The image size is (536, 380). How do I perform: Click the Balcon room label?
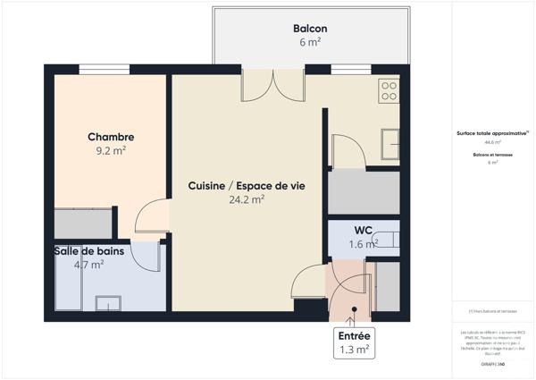point(310,29)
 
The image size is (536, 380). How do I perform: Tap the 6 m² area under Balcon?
point(310,42)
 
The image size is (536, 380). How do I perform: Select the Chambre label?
point(111,137)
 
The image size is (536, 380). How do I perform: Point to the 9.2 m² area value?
point(111,151)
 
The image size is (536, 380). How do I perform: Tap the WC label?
point(363,231)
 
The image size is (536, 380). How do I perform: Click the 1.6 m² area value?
point(363,244)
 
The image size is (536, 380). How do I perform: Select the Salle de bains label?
point(90,251)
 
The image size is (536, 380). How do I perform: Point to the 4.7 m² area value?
point(89,265)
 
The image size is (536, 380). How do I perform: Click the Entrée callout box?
point(354,342)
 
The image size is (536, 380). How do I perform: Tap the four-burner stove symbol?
point(389,89)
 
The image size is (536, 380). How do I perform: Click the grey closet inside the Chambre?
point(82,224)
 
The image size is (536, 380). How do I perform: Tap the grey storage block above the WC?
point(363,192)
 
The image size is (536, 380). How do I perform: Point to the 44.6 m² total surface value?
point(493,142)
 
